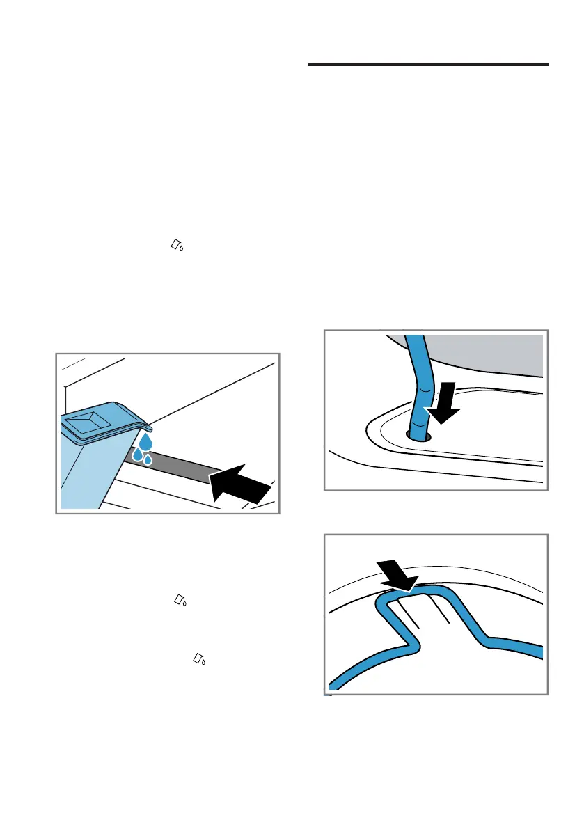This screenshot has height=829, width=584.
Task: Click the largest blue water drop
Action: click(x=145, y=443)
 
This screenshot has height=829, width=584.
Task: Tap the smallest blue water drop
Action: click(x=148, y=459)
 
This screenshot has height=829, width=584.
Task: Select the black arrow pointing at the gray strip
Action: click(x=239, y=482)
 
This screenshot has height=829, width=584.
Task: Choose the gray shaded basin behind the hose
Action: click(x=487, y=355)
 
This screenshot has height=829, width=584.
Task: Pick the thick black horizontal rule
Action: click(x=427, y=65)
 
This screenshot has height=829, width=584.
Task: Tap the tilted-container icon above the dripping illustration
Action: click(x=178, y=244)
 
